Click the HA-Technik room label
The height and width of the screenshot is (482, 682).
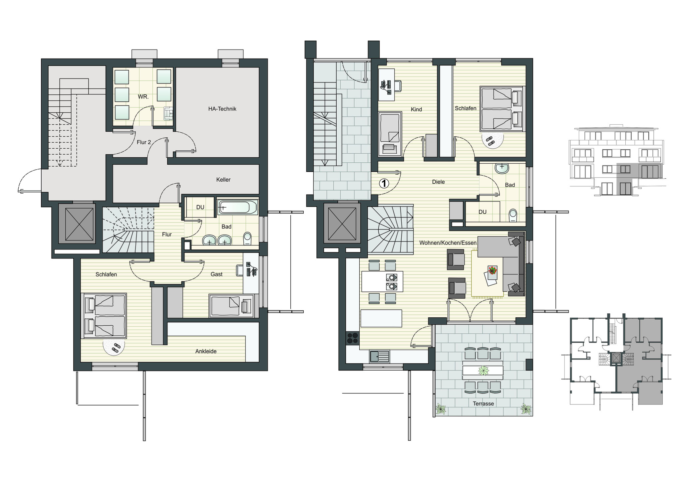pyautogui.click(x=222, y=109)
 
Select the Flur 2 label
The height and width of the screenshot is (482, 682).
pyautogui.click(x=144, y=142)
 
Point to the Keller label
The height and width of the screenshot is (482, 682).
pyautogui.click(x=223, y=180)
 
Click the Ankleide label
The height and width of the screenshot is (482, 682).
pyautogui.click(x=206, y=351)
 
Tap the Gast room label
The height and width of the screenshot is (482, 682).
pyautogui.click(x=216, y=274)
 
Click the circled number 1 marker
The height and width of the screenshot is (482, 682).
pyautogui.click(x=384, y=183)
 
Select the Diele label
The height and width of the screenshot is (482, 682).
pyautogui.click(x=438, y=182)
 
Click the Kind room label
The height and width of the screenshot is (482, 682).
pyautogui.click(x=416, y=109)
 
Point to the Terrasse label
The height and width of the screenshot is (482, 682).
pyautogui.click(x=484, y=404)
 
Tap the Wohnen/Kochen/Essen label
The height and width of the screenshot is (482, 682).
pyautogui.click(x=448, y=243)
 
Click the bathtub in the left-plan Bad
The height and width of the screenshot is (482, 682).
pyautogui.click(x=237, y=207)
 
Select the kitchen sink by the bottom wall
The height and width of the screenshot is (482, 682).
pyautogui.click(x=379, y=356)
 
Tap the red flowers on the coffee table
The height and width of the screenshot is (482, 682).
pyautogui.click(x=492, y=270)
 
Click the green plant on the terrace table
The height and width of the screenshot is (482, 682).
pyautogui.click(x=483, y=370)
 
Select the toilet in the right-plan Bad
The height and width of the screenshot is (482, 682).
pyautogui.click(x=513, y=216)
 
